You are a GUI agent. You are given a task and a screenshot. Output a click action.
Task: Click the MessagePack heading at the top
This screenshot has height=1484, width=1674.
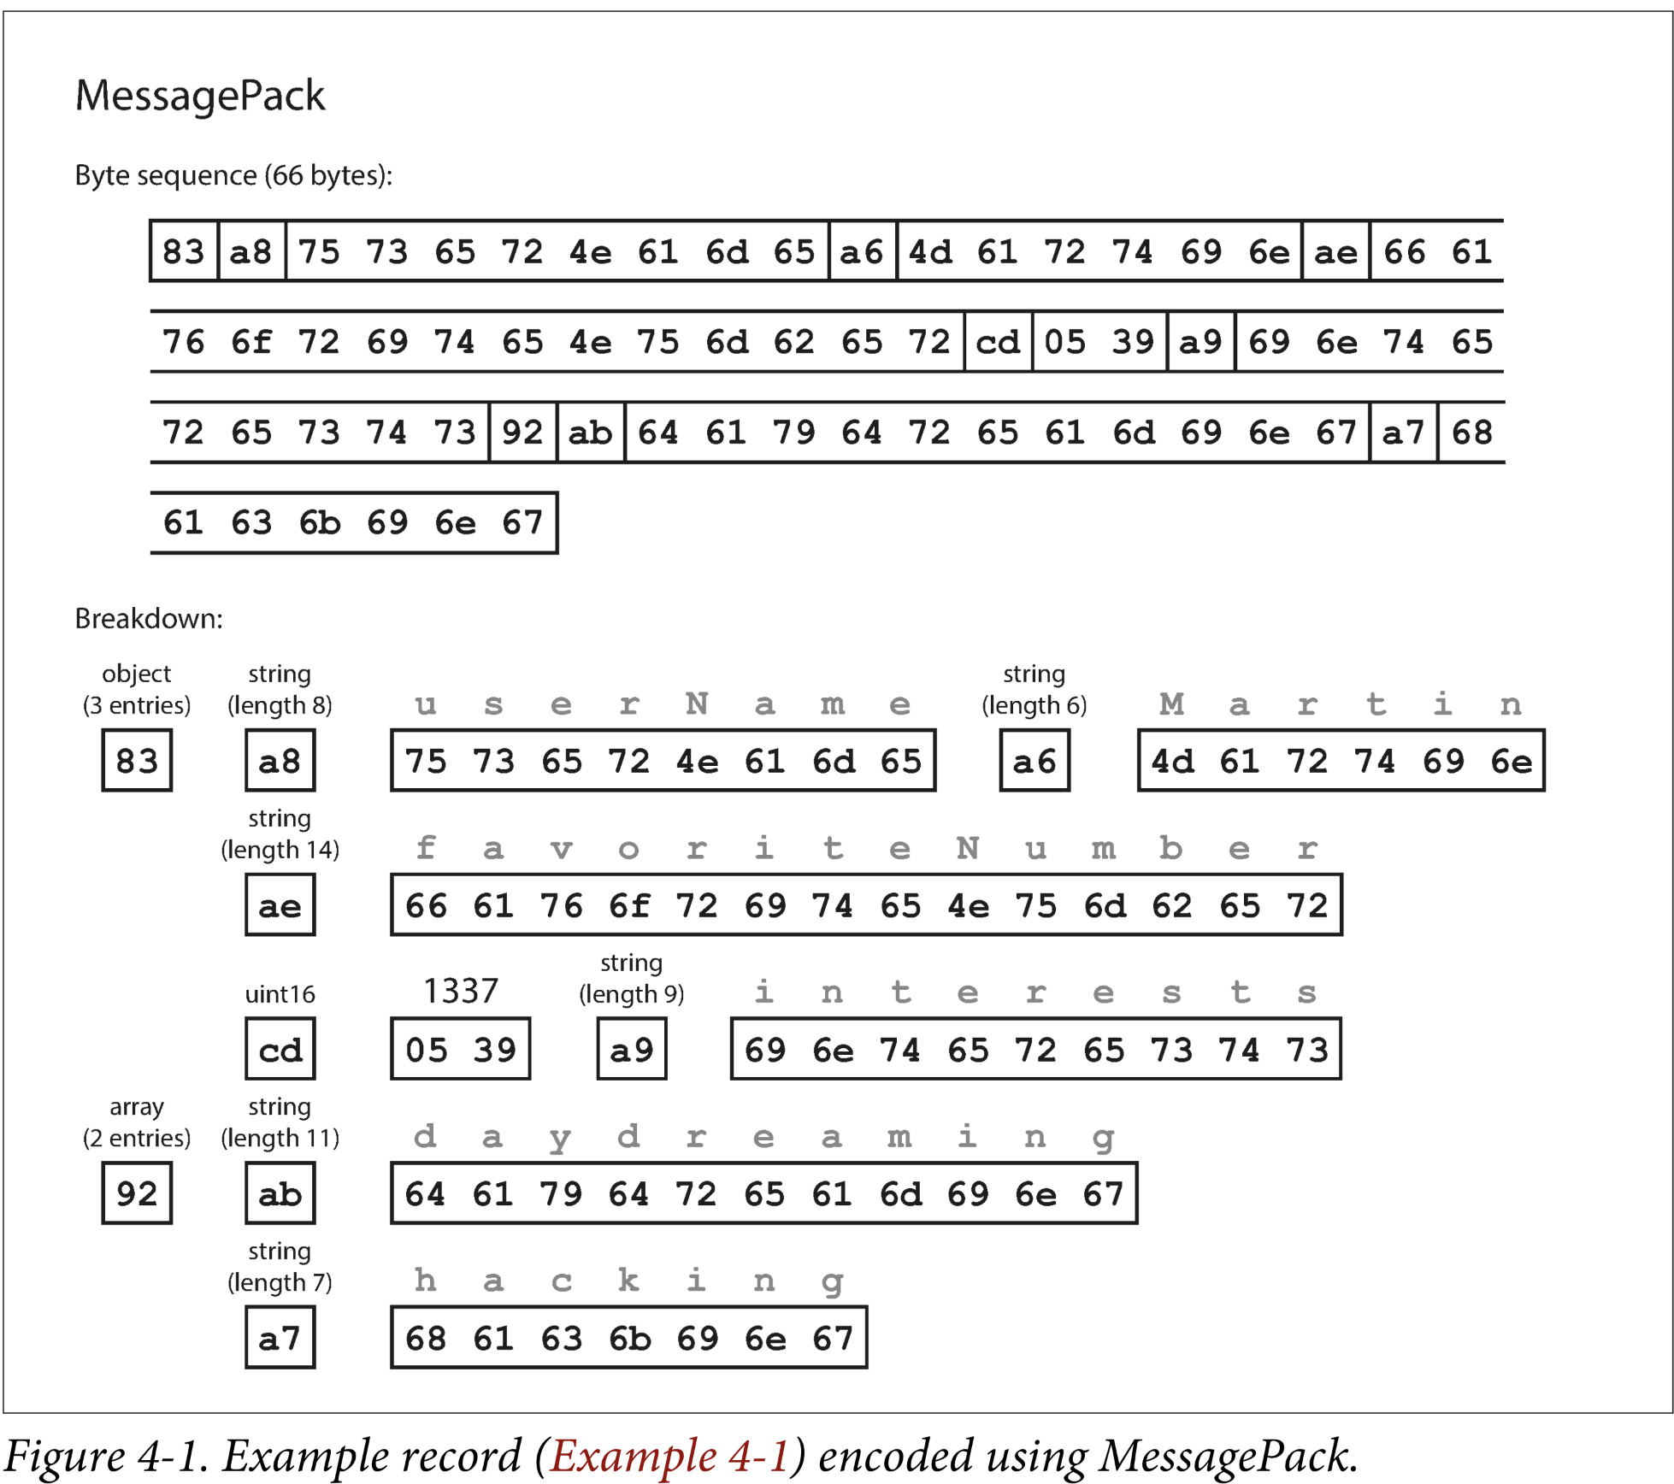199,95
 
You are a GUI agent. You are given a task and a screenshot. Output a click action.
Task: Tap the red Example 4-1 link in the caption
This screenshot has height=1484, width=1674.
670,1456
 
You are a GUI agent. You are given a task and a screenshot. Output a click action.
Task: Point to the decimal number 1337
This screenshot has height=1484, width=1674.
460,991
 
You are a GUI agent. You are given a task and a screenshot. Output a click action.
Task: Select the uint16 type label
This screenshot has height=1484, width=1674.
280,994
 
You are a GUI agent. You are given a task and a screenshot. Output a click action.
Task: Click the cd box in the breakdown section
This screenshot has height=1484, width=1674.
280,1049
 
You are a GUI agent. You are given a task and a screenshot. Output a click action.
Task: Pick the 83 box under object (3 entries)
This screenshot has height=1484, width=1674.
137,760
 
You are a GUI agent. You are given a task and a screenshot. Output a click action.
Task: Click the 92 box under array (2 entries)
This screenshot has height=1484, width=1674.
137,1193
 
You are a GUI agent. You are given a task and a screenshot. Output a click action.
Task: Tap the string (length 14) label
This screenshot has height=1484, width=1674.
280,834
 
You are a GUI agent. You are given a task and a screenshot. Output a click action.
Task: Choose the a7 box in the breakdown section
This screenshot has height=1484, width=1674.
280,1338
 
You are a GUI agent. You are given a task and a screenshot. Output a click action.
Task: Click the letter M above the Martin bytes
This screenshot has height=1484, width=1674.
1171,704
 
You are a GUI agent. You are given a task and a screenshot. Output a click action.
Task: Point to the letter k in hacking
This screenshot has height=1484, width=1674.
628,1281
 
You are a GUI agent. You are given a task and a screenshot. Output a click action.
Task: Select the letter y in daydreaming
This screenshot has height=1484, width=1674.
560,1138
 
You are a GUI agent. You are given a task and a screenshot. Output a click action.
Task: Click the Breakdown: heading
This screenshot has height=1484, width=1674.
149,618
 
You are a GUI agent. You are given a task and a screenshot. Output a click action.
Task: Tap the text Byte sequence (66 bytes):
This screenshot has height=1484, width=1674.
233,175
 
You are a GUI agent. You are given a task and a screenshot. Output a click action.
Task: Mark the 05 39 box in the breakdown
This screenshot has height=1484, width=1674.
460,1049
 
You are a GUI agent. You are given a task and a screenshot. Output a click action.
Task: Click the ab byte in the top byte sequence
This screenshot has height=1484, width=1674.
590,433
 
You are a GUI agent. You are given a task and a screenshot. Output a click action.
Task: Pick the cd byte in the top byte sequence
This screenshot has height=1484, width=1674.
998,342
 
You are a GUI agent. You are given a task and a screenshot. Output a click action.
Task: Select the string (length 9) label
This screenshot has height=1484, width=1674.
631,979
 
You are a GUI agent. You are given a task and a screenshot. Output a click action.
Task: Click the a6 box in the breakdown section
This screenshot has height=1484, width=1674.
1034,760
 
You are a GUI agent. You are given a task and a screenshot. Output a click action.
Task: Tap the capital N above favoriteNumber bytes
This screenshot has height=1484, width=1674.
967,849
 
